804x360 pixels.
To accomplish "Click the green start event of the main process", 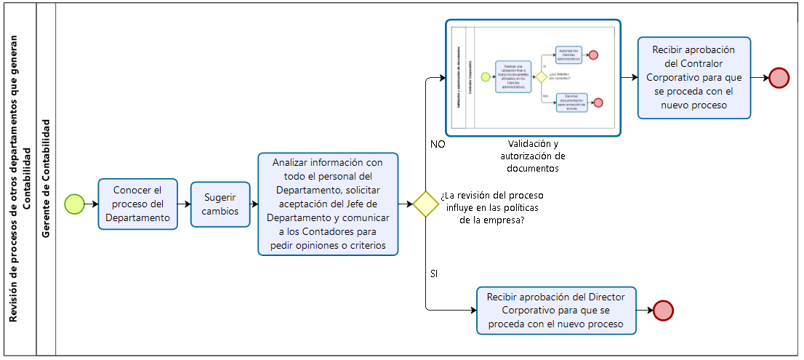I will (75, 204).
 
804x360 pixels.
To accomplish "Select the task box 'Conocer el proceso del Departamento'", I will (138, 204).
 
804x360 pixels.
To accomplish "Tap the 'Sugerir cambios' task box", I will (220, 204).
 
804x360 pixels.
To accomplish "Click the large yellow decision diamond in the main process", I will (425, 204).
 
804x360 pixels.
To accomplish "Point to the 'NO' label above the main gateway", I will (438, 145).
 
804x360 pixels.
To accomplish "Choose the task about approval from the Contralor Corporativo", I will (694, 78).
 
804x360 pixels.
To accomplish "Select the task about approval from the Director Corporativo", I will (556, 311).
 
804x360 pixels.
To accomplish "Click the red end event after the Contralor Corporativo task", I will (779, 78).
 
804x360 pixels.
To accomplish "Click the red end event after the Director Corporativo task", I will (664, 311).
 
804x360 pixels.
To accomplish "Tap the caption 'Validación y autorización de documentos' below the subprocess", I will (533, 156).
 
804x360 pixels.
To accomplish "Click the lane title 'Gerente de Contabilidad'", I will (47, 179).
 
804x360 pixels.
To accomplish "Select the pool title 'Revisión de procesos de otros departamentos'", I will (19, 179).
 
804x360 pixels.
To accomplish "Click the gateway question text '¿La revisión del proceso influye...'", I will (491, 208).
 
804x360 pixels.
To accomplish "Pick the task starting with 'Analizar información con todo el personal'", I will (329, 204).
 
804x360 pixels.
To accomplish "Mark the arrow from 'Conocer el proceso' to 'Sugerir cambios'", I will (184, 204).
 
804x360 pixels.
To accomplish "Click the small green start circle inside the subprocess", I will (486, 76).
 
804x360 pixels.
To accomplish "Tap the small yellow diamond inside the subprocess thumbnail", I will (541, 76).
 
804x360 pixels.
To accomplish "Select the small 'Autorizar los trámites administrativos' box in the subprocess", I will (570, 55).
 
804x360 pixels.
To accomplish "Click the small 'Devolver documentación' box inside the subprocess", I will (571, 103).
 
